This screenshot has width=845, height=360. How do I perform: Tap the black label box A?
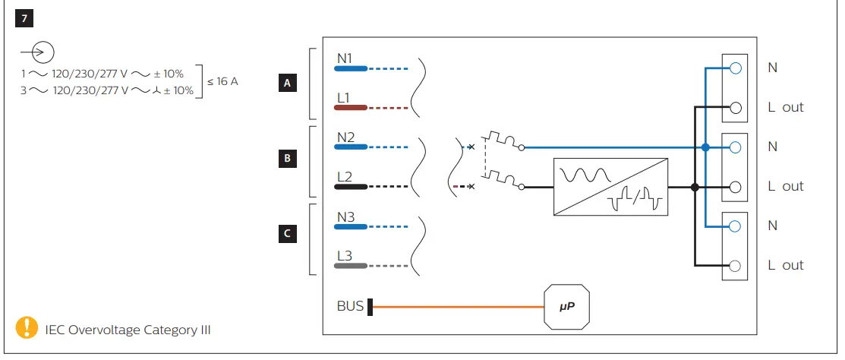pyautogui.click(x=286, y=84)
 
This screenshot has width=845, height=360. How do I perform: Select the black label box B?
pyautogui.click(x=286, y=159)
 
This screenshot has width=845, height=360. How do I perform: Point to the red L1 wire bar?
pyautogui.click(x=351, y=109)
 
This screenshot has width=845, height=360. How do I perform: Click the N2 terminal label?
pyautogui.click(x=346, y=137)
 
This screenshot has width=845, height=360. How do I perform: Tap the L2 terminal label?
pyautogui.click(x=345, y=176)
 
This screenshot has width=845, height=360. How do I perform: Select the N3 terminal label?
pyautogui.click(x=346, y=216)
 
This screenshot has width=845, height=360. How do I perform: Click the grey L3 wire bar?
pyautogui.click(x=351, y=266)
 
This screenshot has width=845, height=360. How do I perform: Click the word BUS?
pyautogui.click(x=350, y=307)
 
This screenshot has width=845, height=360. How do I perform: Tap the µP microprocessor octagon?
pyautogui.click(x=567, y=308)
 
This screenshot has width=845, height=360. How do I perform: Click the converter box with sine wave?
pyautogui.click(x=611, y=186)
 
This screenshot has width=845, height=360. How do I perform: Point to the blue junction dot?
pyautogui.click(x=706, y=147)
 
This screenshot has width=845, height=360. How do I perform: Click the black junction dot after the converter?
pyautogui.click(x=694, y=187)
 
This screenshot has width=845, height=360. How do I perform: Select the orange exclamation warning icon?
pyautogui.click(x=26, y=327)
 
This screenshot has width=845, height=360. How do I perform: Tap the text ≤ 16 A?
pyautogui.click(x=222, y=81)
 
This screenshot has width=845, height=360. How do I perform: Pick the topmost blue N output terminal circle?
pyautogui.click(x=734, y=68)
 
